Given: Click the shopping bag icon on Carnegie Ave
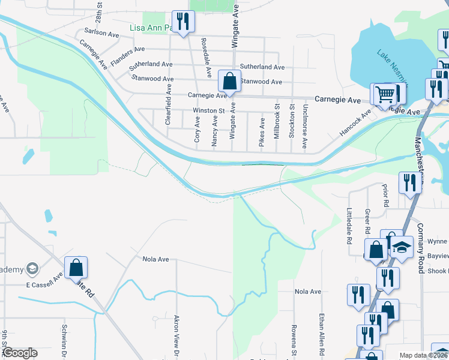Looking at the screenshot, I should pos(229,81).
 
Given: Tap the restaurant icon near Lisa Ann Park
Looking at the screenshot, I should pos(181,22).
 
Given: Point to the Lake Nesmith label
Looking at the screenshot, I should pos(394,65).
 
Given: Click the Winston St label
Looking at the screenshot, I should pos(208,110).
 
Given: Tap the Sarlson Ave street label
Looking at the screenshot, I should pos(102,33).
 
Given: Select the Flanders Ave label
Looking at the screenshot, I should pos(127,49).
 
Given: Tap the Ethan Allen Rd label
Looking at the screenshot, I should pos(322,332).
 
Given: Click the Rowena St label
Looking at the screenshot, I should pos(294,339).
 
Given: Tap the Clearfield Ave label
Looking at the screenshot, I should pos(169,104).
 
